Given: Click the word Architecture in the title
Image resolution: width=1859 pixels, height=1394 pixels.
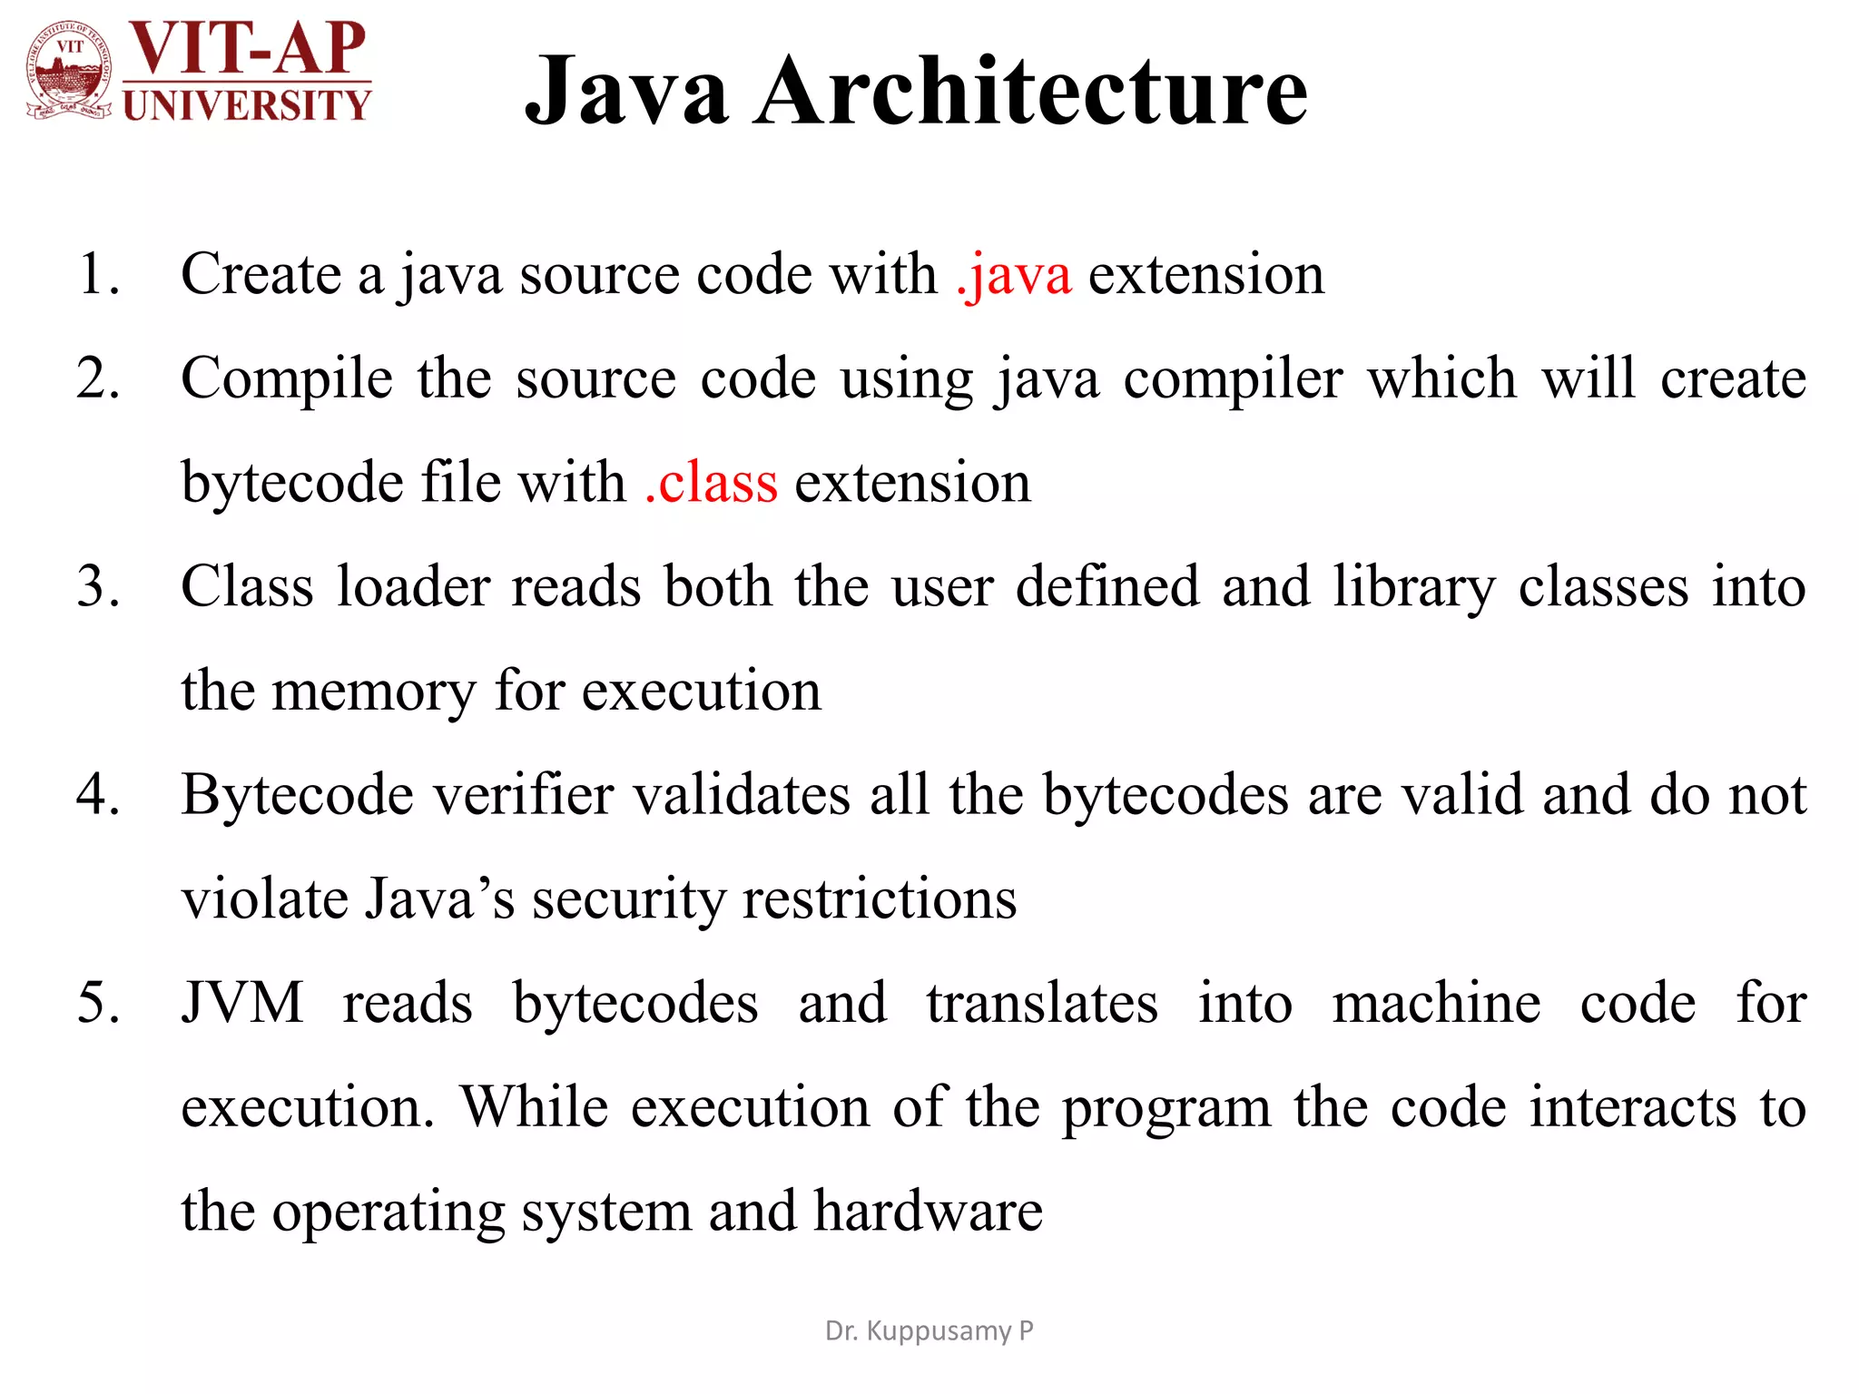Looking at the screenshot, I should tap(1031, 91).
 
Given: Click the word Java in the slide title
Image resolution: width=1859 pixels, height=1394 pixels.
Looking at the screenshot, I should tap(626, 91).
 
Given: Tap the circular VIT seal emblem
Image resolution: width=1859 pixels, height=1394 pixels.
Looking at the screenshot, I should tap(70, 71).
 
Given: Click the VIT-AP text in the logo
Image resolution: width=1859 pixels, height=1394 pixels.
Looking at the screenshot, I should tap(247, 47).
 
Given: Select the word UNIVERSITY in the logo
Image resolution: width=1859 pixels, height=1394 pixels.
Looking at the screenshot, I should tap(247, 105).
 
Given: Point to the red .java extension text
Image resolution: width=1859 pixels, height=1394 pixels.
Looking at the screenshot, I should tap(1014, 274).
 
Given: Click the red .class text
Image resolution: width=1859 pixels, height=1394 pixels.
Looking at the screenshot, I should tap(711, 482).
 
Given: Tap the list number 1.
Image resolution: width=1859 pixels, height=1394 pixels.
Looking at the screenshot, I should tap(98, 274).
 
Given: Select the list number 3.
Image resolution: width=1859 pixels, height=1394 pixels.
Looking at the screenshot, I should tap(98, 586).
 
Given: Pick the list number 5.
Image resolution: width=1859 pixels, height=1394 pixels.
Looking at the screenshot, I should tap(98, 1003).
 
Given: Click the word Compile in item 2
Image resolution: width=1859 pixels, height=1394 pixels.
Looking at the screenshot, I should tap(287, 378).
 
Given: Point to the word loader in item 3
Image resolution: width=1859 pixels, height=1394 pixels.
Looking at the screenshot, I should tap(414, 586).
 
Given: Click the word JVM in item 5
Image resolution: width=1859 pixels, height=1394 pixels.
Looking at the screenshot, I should tap(242, 1003).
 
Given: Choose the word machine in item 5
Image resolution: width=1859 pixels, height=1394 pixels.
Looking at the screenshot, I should tap(1436, 1003).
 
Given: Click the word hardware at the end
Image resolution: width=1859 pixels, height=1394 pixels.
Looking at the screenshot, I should tap(928, 1212).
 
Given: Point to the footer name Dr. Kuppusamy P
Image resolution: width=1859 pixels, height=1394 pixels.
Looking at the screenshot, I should tap(929, 1330).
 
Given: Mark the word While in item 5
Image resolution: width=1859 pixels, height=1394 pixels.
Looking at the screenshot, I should tap(534, 1107).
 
